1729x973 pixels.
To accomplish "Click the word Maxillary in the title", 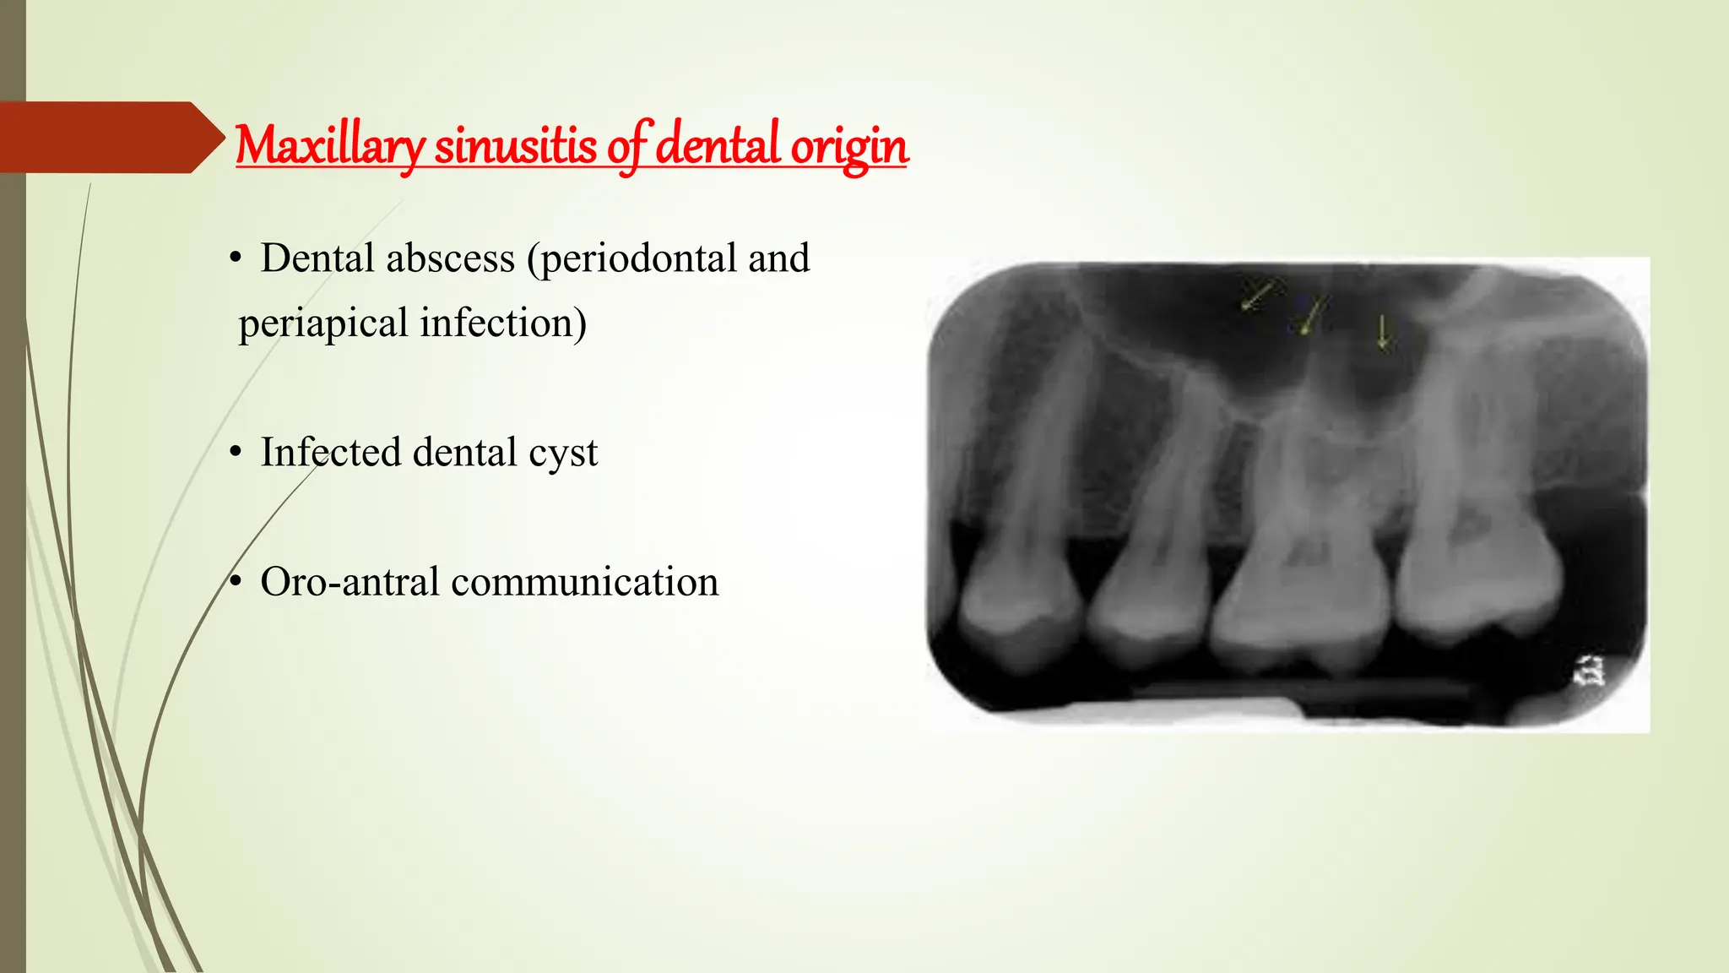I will point(329,146).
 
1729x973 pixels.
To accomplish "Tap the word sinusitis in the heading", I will point(515,146).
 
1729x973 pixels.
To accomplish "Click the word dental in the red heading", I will point(718,144).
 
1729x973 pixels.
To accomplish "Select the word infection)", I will point(503,323).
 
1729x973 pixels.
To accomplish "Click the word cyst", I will point(563,454).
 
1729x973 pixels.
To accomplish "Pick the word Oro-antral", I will point(349,582).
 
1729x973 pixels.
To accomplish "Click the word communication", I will point(584,582).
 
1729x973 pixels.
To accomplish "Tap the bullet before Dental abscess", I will point(236,259).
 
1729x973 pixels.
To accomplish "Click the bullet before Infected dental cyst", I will point(236,453).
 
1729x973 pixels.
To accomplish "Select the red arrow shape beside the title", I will point(110,138).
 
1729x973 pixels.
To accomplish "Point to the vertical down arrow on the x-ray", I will point(1382,332).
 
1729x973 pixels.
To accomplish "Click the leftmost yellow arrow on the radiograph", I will point(1257,296).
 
